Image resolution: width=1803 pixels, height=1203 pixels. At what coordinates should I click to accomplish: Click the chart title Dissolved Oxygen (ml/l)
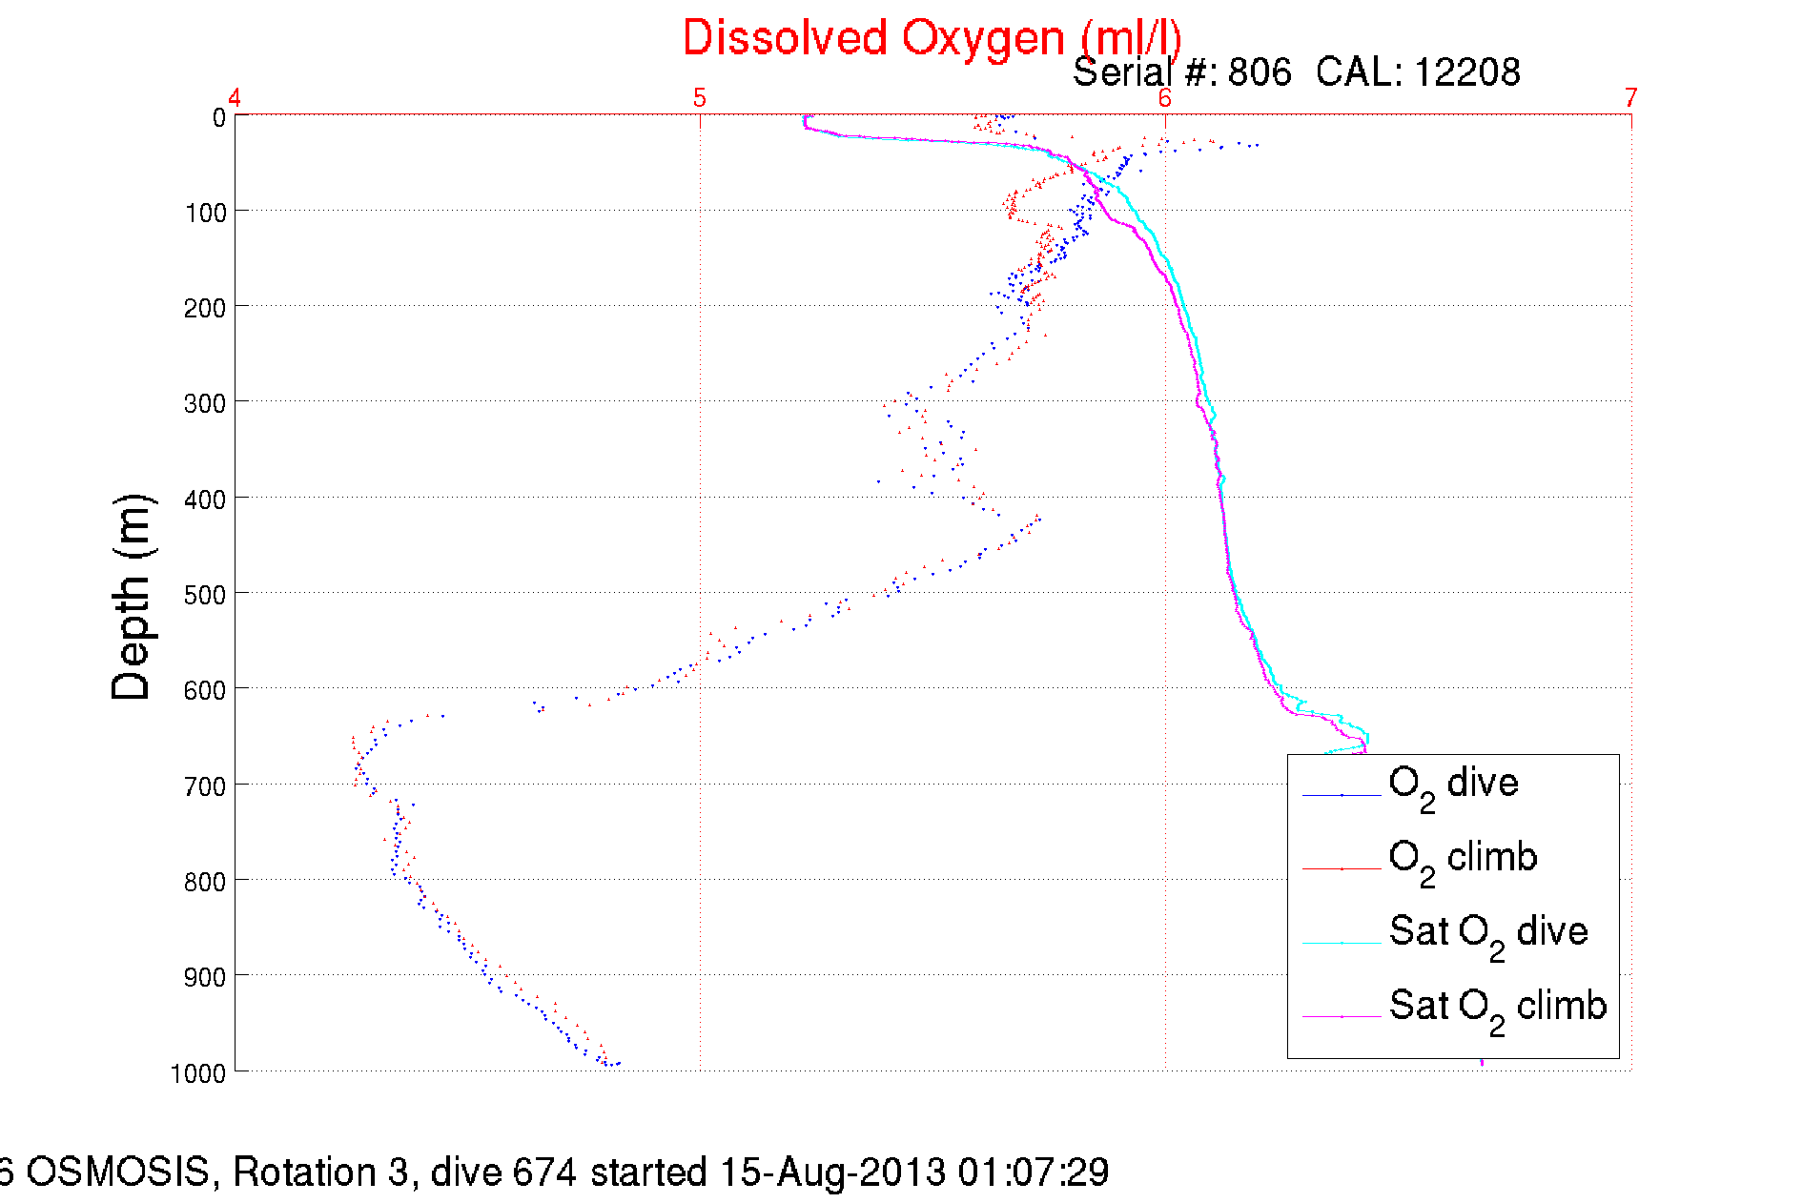point(932,39)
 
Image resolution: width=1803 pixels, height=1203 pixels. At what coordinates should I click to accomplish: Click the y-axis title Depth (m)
point(132,598)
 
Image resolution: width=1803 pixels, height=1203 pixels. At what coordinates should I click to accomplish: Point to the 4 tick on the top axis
point(234,98)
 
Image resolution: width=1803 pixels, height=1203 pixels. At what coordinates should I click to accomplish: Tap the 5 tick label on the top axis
point(700,98)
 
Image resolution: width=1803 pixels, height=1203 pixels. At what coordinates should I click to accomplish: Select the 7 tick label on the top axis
point(1630,98)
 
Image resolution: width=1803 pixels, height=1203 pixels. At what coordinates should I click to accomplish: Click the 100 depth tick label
point(206,213)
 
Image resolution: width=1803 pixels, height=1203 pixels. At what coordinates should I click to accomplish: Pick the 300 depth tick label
point(206,403)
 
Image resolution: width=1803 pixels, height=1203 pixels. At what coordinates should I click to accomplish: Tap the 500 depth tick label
point(206,595)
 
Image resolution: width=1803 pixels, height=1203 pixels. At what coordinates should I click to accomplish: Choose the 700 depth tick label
point(206,786)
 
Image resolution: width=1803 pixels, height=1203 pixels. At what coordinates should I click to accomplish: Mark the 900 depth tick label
point(206,977)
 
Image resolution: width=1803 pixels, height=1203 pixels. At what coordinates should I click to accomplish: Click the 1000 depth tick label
point(198,1073)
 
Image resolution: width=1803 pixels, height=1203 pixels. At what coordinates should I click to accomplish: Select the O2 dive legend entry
point(1453,785)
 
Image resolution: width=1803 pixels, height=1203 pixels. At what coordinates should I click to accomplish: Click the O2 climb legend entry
point(1463,859)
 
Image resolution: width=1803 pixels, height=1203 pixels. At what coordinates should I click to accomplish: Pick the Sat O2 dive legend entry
point(1487,933)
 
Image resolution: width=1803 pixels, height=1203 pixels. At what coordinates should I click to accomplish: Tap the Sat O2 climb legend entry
point(1497,1008)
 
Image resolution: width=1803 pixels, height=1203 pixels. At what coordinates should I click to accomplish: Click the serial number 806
point(1259,72)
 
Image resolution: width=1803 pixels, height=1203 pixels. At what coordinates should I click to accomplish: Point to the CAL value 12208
point(1466,72)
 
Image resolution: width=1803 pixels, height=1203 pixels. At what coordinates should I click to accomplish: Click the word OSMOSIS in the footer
point(117,1172)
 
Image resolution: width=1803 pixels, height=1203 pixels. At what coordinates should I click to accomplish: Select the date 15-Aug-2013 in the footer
point(831,1172)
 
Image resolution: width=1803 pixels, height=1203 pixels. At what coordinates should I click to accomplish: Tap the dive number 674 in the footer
point(544,1172)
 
